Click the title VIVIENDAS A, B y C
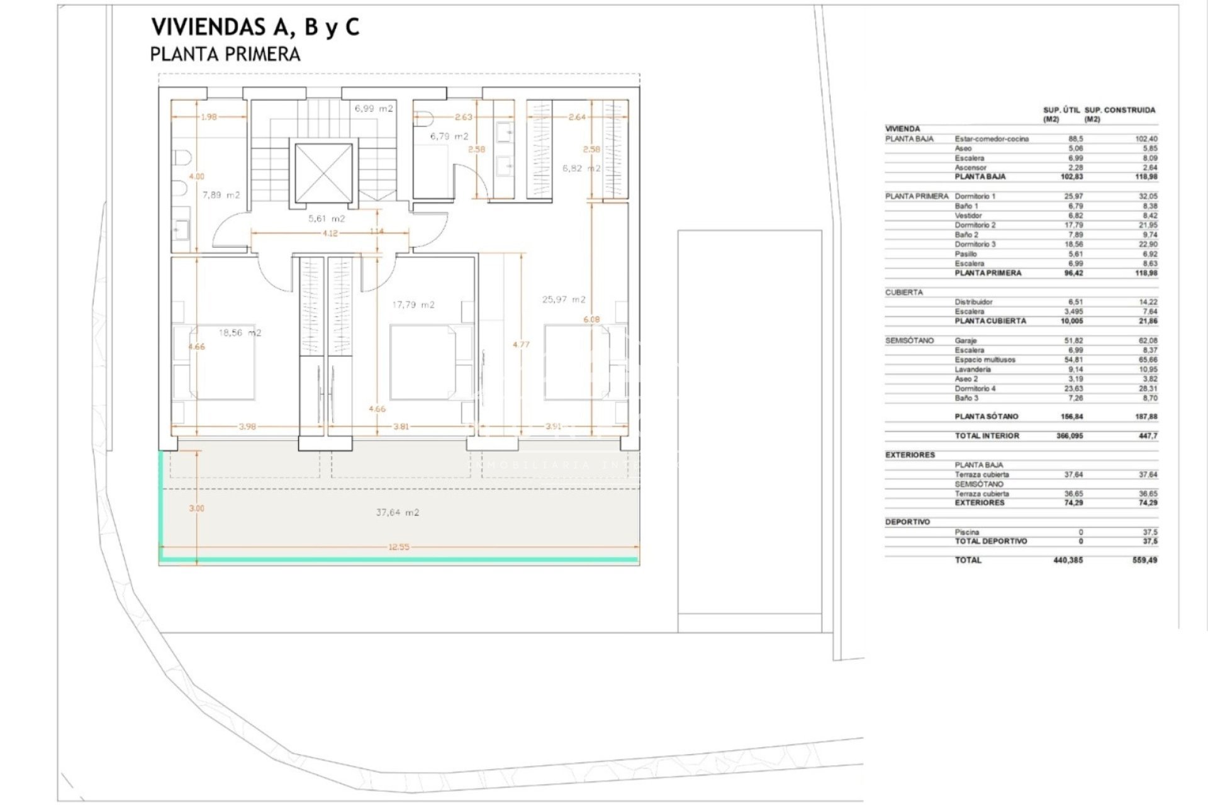click(x=255, y=28)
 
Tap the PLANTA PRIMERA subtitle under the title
click(x=225, y=55)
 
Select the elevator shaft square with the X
click(x=323, y=173)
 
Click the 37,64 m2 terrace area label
click(x=398, y=513)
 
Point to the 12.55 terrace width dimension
click(x=398, y=547)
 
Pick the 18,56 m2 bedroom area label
click(x=240, y=333)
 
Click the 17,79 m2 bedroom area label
click(x=413, y=305)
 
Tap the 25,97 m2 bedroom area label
click(x=564, y=299)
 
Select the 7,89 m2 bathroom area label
click(x=221, y=195)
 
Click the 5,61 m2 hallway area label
click(x=327, y=219)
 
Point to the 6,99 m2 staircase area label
click(x=374, y=108)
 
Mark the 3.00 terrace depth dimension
click(x=197, y=508)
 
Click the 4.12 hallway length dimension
click(x=330, y=233)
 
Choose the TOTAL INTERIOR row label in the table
click(x=987, y=436)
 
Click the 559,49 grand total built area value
click(x=1145, y=560)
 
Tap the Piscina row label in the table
click(x=967, y=532)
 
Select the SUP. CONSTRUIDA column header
click(x=1120, y=110)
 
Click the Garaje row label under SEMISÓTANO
click(x=966, y=340)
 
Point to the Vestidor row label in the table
click(x=968, y=216)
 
